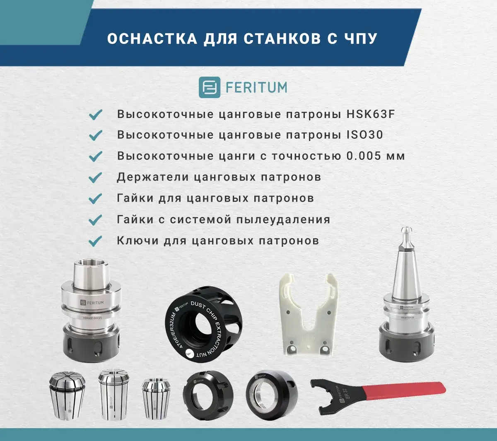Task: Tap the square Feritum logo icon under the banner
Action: click(209, 87)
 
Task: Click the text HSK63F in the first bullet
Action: click(371, 114)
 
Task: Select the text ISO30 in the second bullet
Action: click(365, 135)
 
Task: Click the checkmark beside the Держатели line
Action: click(95, 178)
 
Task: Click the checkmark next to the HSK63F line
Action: click(95, 114)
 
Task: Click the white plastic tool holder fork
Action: click(308, 315)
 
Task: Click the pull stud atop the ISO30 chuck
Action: click(406, 236)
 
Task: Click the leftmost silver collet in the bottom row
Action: click(67, 395)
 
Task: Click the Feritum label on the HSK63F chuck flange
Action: click(92, 303)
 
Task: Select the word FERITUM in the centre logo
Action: click(256, 87)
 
